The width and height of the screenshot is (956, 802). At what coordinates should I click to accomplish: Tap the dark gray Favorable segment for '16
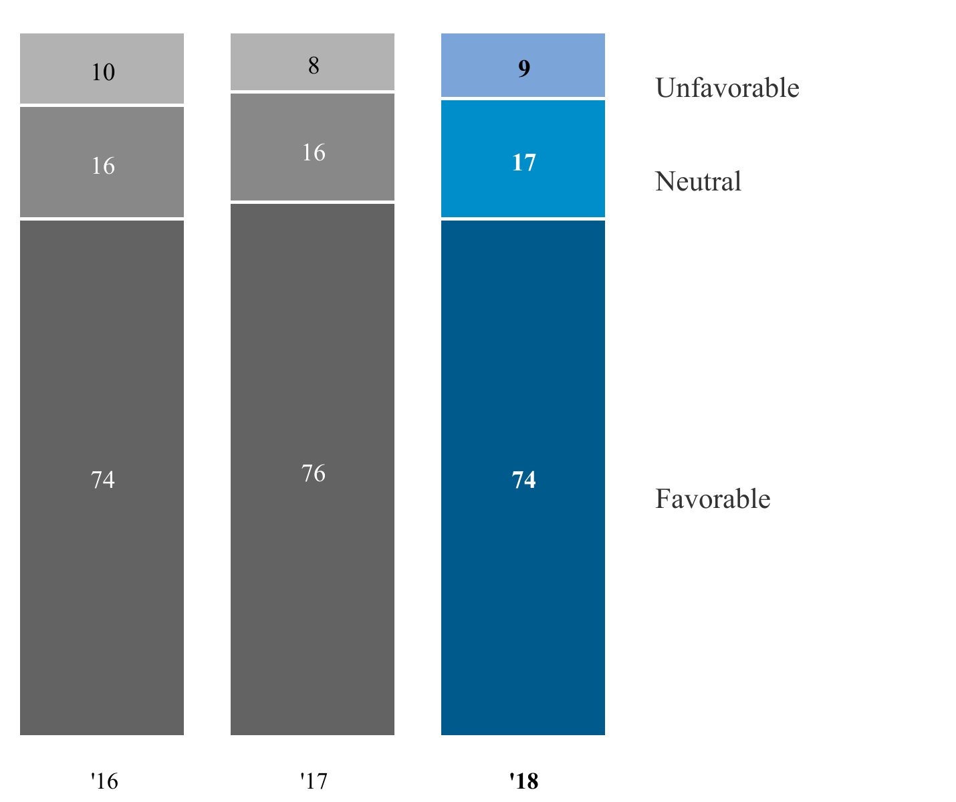pos(102,568)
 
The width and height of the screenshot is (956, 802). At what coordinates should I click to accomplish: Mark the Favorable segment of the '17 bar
pos(312,568)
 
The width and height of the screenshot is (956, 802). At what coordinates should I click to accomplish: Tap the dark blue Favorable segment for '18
pos(523,568)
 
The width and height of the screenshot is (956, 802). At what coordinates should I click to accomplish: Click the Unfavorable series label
pos(727,88)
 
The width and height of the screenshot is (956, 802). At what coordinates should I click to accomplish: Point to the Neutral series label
pos(698,182)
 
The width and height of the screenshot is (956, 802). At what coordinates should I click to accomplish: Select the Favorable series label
pos(712,499)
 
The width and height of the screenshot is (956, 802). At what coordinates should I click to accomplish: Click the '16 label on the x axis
pos(104,781)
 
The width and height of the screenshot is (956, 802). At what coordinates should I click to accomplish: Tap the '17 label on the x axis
pos(313,781)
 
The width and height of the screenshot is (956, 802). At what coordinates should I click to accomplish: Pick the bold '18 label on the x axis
pos(523,781)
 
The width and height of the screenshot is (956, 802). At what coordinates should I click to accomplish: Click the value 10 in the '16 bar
pos(103,72)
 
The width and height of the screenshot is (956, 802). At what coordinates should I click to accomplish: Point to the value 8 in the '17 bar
pos(314,65)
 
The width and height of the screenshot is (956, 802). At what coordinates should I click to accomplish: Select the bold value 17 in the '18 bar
pos(523,163)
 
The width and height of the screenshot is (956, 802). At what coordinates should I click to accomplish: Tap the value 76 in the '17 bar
pos(314,474)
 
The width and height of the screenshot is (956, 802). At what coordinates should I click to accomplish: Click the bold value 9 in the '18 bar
pos(524,69)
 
